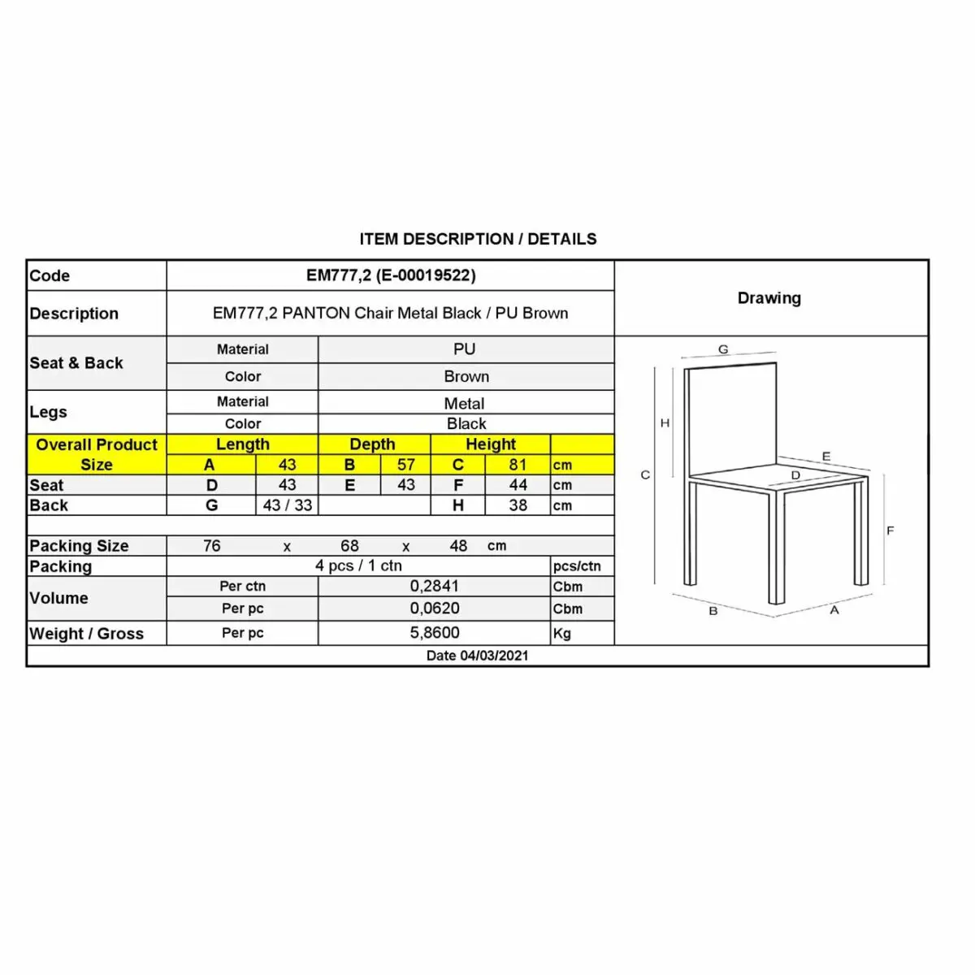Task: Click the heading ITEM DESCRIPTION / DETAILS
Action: point(478,239)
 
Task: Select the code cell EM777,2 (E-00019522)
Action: point(391,275)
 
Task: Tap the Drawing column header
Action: point(769,298)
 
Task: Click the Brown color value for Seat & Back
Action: point(466,377)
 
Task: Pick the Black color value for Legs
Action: point(466,424)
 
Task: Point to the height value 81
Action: point(518,465)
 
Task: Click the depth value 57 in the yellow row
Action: point(406,465)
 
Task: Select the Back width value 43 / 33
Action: point(288,505)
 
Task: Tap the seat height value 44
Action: point(518,485)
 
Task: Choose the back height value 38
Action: point(518,505)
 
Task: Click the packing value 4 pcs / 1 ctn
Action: point(358,565)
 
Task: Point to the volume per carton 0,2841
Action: point(435,587)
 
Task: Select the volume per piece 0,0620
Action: point(435,609)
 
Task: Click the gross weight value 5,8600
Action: point(435,633)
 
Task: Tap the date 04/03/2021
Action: point(477,656)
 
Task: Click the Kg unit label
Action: point(561,634)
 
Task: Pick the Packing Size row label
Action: point(79,546)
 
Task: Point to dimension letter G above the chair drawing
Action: point(723,350)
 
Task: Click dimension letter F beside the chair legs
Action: point(890,531)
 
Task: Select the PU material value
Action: point(465,349)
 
